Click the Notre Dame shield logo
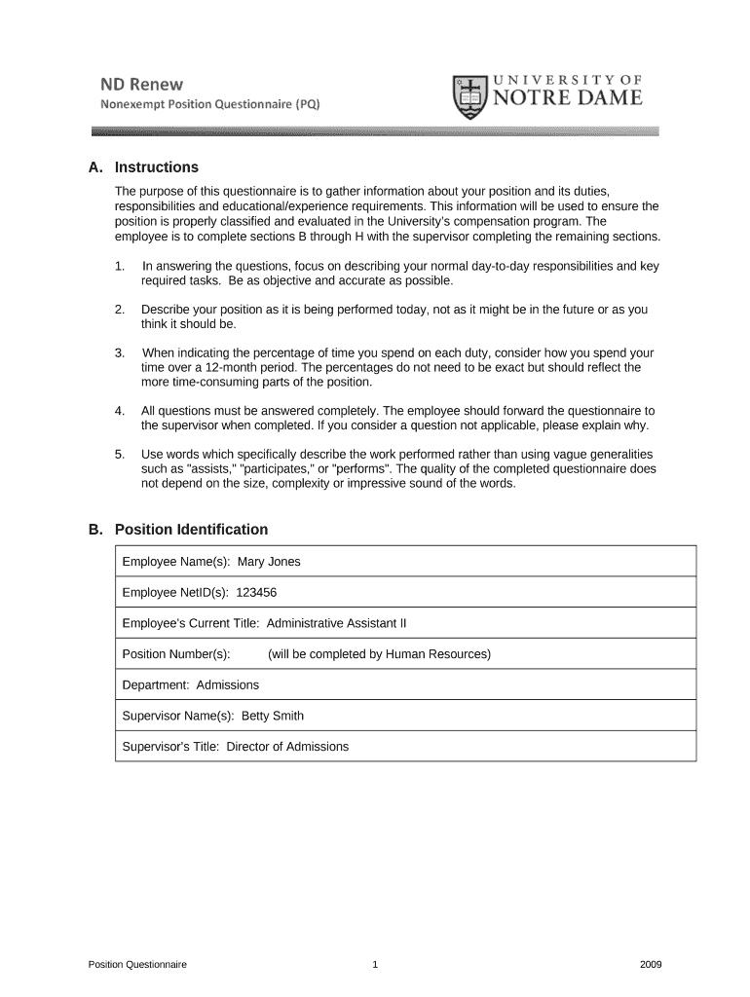coord(470,97)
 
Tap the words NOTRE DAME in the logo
coord(566,97)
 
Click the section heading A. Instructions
coord(143,167)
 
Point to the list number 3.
coord(119,352)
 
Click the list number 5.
coord(119,454)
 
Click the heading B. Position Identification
coord(177,530)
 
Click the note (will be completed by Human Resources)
coord(379,654)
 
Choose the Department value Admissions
coord(228,684)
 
